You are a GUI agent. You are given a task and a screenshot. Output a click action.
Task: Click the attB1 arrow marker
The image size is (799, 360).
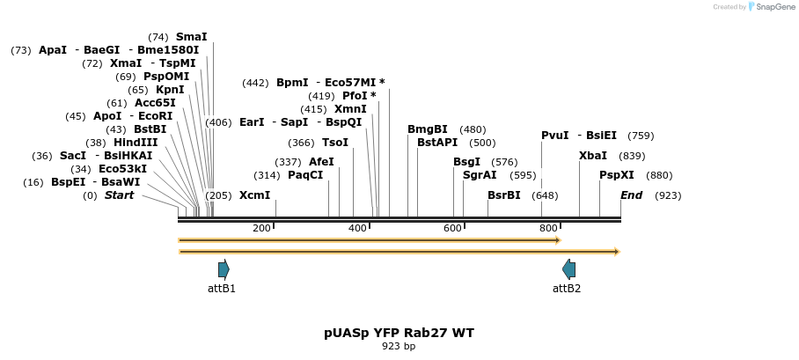(224, 269)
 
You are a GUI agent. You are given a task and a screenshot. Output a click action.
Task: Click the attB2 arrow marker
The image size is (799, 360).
(568, 269)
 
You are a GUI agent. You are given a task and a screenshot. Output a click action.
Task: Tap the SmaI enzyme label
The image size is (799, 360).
(191, 37)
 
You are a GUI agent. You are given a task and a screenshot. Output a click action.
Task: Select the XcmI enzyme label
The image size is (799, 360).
(254, 195)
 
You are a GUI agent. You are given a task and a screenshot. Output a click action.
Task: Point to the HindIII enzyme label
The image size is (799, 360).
(136, 143)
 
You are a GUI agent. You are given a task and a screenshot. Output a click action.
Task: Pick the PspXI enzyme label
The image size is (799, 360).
(617, 175)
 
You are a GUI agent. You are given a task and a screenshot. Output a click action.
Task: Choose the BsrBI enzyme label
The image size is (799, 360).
(504, 195)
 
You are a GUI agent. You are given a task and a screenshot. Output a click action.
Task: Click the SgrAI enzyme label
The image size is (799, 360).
(480, 175)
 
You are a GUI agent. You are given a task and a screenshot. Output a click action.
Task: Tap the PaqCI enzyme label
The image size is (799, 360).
(305, 175)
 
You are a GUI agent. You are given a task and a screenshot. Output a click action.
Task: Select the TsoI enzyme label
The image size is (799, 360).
(335, 143)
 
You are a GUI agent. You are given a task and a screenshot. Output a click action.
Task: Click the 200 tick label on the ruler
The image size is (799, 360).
(261, 229)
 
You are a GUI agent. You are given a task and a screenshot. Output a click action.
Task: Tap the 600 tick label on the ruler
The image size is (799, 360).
(452, 229)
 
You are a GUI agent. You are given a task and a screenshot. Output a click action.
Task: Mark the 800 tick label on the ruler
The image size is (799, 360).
(548, 229)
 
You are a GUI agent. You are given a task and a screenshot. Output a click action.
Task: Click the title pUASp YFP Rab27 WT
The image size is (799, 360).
(399, 333)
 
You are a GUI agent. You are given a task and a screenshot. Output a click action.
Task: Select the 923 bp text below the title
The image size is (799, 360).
(399, 347)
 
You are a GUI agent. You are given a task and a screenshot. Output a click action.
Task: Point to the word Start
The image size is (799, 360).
(119, 195)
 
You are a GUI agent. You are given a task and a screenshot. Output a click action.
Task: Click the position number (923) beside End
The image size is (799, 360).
(668, 195)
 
